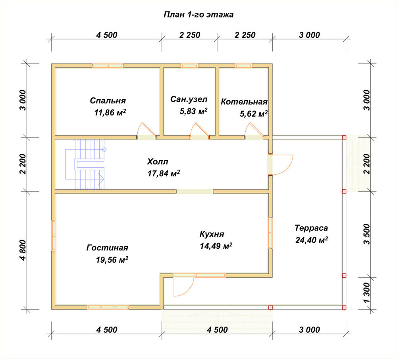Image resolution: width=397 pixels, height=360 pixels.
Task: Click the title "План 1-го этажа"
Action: pos(198,15)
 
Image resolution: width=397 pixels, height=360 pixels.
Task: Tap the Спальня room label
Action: pos(108,101)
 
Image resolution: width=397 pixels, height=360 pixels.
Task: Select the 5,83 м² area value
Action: pos(194,111)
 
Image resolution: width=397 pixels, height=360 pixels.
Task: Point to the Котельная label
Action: pos(244,102)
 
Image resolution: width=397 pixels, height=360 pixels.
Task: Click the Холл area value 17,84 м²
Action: pos(164,174)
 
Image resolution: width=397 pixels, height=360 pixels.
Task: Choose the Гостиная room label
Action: pos(107,248)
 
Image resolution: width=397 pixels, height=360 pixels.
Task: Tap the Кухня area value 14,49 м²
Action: pos(216,246)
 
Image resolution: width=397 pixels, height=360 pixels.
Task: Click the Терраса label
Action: pos(311,228)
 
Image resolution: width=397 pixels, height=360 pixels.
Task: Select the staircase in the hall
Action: pos(85,165)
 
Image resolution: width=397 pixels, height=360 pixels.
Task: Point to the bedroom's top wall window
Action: pos(108,66)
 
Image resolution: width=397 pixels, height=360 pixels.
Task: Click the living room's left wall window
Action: pos(54,236)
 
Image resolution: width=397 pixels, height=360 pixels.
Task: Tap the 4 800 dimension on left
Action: pos(23,250)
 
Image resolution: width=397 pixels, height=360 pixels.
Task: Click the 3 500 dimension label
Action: pos(366,234)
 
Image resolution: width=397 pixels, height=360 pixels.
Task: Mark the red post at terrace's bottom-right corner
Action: pos(344,308)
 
